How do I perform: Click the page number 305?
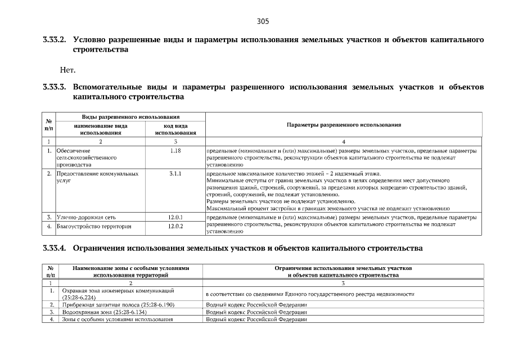263,21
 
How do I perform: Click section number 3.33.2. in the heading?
55,40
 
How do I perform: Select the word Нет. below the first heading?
67,70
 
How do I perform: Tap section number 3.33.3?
55,87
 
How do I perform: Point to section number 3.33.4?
55,248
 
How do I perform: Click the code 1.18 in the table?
175,151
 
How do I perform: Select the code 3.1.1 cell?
175,174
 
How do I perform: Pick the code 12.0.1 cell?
175,217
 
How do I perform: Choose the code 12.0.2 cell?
175,226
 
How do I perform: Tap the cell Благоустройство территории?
94,226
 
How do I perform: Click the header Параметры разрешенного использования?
343,124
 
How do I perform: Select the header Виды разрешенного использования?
130,116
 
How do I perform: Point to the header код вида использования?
175,129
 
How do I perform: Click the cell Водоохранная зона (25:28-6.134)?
105,312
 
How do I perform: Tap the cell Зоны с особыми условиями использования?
117,319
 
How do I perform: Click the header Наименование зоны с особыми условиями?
130,268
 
